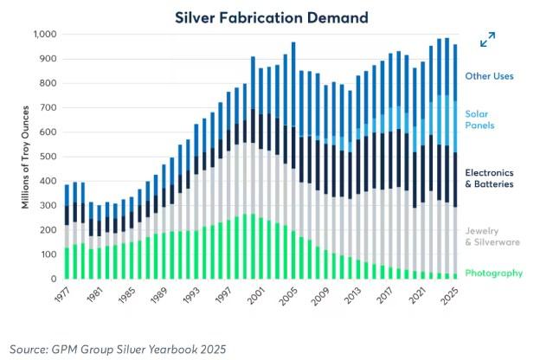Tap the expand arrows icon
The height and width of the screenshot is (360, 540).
click(x=488, y=40)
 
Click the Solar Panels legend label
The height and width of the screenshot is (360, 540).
click(x=483, y=120)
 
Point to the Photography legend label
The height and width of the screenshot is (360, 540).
click(x=493, y=273)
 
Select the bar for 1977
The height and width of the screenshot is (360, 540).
click(x=67, y=231)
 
